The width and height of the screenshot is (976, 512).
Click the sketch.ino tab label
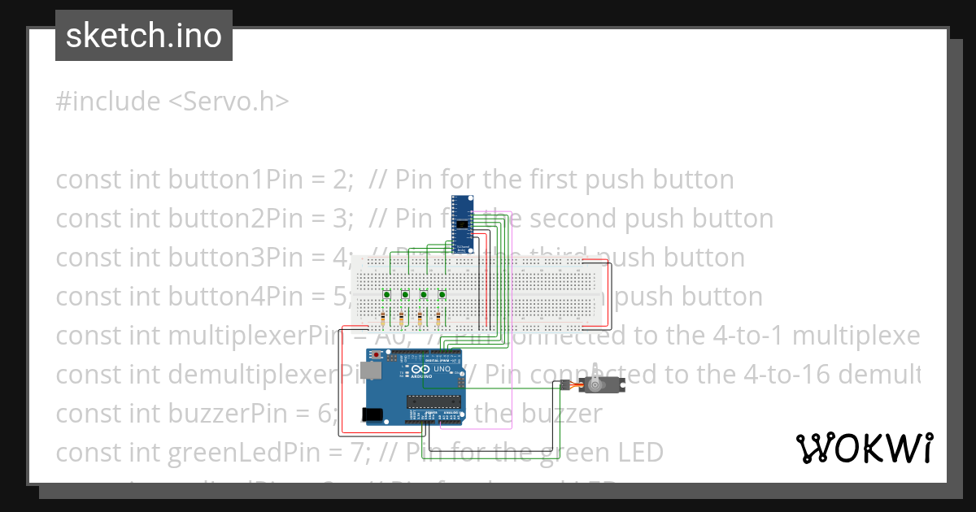pyautogui.click(x=143, y=36)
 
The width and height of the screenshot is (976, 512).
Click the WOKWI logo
pyautogui.click(x=864, y=448)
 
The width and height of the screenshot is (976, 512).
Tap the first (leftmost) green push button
pyautogui.click(x=387, y=293)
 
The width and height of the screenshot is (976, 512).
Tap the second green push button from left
pyautogui.click(x=404, y=293)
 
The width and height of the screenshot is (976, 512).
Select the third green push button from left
pyautogui.click(x=424, y=293)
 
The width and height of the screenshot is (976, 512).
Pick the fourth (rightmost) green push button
pyautogui.click(x=442, y=293)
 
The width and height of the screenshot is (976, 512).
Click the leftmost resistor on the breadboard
pyautogui.click(x=382, y=317)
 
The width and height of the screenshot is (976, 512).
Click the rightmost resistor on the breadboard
pyautogui.click(x=438, y=317)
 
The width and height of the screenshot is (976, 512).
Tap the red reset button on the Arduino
pyautogui.click(x=376, y=355)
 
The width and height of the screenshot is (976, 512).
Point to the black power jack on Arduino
pyautogui.click(x=373, y=414)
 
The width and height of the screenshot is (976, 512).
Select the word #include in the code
pyautogui.click(x=108, y=102)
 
